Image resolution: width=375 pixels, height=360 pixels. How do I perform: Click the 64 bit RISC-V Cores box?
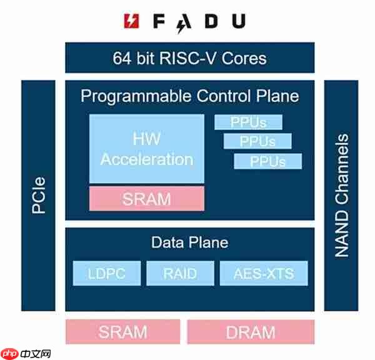pyautogui.click(x=190, y=58)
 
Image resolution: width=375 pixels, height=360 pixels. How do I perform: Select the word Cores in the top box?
pyautogui.click(x=243, y=59)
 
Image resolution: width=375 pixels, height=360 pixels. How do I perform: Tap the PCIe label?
pyautogui.click(x=39, y=196)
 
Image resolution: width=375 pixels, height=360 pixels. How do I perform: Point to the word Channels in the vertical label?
pyautogui.click(x=341, y=166)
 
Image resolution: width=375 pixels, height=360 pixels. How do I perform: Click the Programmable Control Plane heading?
pyautogui.click(x=190, y=96)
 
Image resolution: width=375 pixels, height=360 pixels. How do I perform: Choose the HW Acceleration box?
pyautogui.click(x=147, y=149)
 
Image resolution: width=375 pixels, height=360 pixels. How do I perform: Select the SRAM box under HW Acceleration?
pyautogui.click(x=147, y=198)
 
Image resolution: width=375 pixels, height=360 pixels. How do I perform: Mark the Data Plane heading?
pyautogui.click(x=190, y=242)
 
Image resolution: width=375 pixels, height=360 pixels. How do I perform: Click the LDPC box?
pyautogui.click(x=106, y=273)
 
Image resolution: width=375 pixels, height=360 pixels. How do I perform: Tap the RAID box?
pyautogui.click(x=180, y=273)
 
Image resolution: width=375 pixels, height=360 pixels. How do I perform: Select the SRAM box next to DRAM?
pyautogui.click(x=122, y=331)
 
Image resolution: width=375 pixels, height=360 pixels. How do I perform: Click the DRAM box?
pyautogui.click(x=251, y=331)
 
